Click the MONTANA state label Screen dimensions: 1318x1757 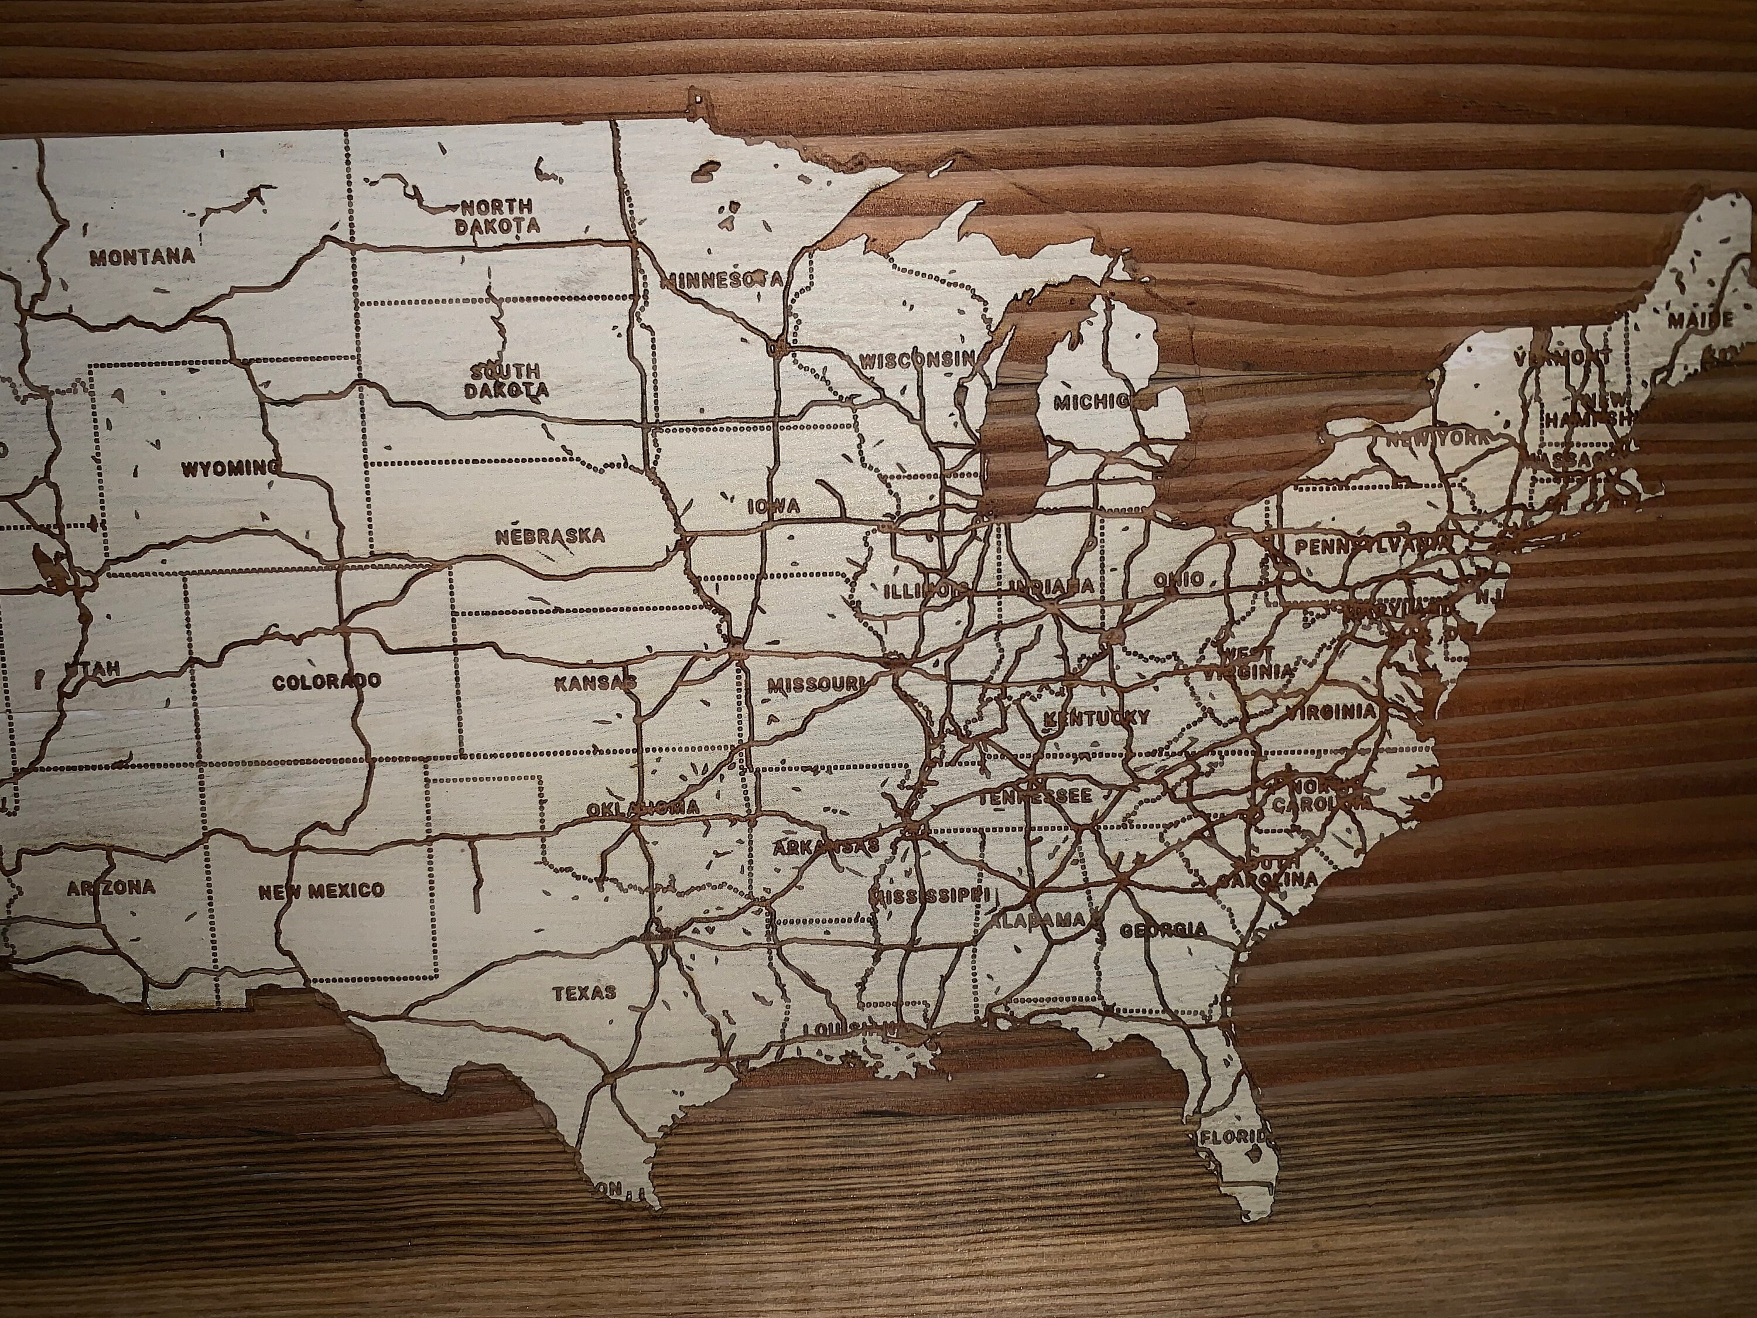click(x=142, y=257)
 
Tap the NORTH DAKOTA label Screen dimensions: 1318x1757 click(x=497, y=216)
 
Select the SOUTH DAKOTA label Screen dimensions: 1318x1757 click(x=506, y=381)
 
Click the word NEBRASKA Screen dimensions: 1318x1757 click(x=550, y=536)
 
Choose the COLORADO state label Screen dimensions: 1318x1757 click(x=326, y=682)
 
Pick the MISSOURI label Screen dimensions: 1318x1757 click(x=816, y=682)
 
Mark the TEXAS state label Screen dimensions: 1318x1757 click(x=584, y=992)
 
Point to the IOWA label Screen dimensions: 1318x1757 click(x=774, y=506)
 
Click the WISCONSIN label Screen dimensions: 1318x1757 click(x=917, y=359)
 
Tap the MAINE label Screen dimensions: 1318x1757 click(x=1700, y=321)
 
